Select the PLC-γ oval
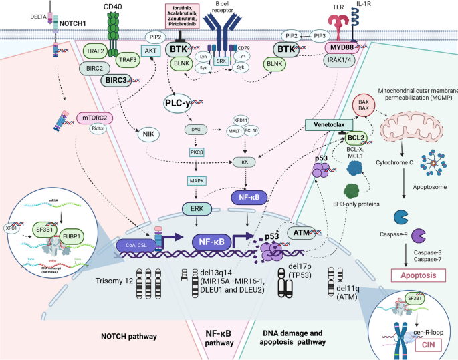point(183,102)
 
